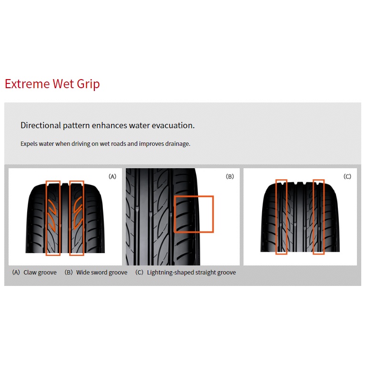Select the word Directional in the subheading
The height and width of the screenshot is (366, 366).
[x=41, y=125]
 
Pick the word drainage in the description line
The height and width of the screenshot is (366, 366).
[x=177, y=143]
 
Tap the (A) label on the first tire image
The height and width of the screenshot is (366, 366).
[x=112, y=176]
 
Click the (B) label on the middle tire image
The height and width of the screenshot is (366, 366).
[x=230, y=176]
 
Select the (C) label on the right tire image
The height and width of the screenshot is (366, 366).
[x=347, y=176]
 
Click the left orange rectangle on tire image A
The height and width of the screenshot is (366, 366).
[x=53, y=218]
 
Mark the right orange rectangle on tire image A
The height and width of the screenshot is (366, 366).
[x=76, y=218]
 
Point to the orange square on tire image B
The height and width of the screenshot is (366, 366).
[x=194, y=213]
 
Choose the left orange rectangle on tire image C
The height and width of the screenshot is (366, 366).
[x=282, y=217]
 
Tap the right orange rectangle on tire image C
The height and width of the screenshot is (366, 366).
[x=318, y=217]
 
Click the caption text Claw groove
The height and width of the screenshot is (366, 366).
[x=40, y=273]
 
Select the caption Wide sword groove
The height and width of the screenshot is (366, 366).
[x=102, y=273]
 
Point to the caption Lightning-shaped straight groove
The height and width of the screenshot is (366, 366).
[x=191, y=273]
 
